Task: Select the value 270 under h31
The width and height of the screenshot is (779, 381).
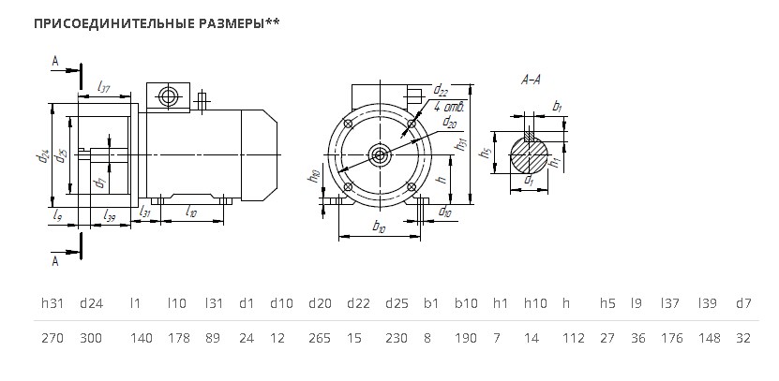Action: pos(52,338)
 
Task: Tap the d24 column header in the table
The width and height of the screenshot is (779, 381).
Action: pos(92,303)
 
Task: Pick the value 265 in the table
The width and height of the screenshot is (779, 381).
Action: pos(320,338)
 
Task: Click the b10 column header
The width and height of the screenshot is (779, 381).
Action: pos(466,303)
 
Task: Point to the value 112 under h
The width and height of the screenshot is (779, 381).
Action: pos(574,338)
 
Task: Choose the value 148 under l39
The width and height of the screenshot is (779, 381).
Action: pos(710,338)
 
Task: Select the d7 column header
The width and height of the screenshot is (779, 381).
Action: pos(743,303)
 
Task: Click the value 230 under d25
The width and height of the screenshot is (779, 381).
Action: pos(397,338)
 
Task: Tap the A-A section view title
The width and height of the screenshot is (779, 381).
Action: pos(531,80)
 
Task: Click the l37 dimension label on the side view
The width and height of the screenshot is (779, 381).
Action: pos(103,88)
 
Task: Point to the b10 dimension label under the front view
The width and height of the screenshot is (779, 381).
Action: pos(379,227)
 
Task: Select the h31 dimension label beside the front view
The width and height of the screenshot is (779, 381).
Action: pos(462,144)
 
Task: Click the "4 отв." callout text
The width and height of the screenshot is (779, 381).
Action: pos(449,107)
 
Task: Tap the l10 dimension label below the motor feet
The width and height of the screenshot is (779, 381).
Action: pos(191,212)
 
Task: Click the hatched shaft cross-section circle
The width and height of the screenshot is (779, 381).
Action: pos(530,154)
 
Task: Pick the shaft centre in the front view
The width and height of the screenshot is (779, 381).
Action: pos(380,155)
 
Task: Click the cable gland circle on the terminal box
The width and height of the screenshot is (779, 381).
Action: pos(168,96)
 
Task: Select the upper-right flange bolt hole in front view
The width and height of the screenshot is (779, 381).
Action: pos(412,124)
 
